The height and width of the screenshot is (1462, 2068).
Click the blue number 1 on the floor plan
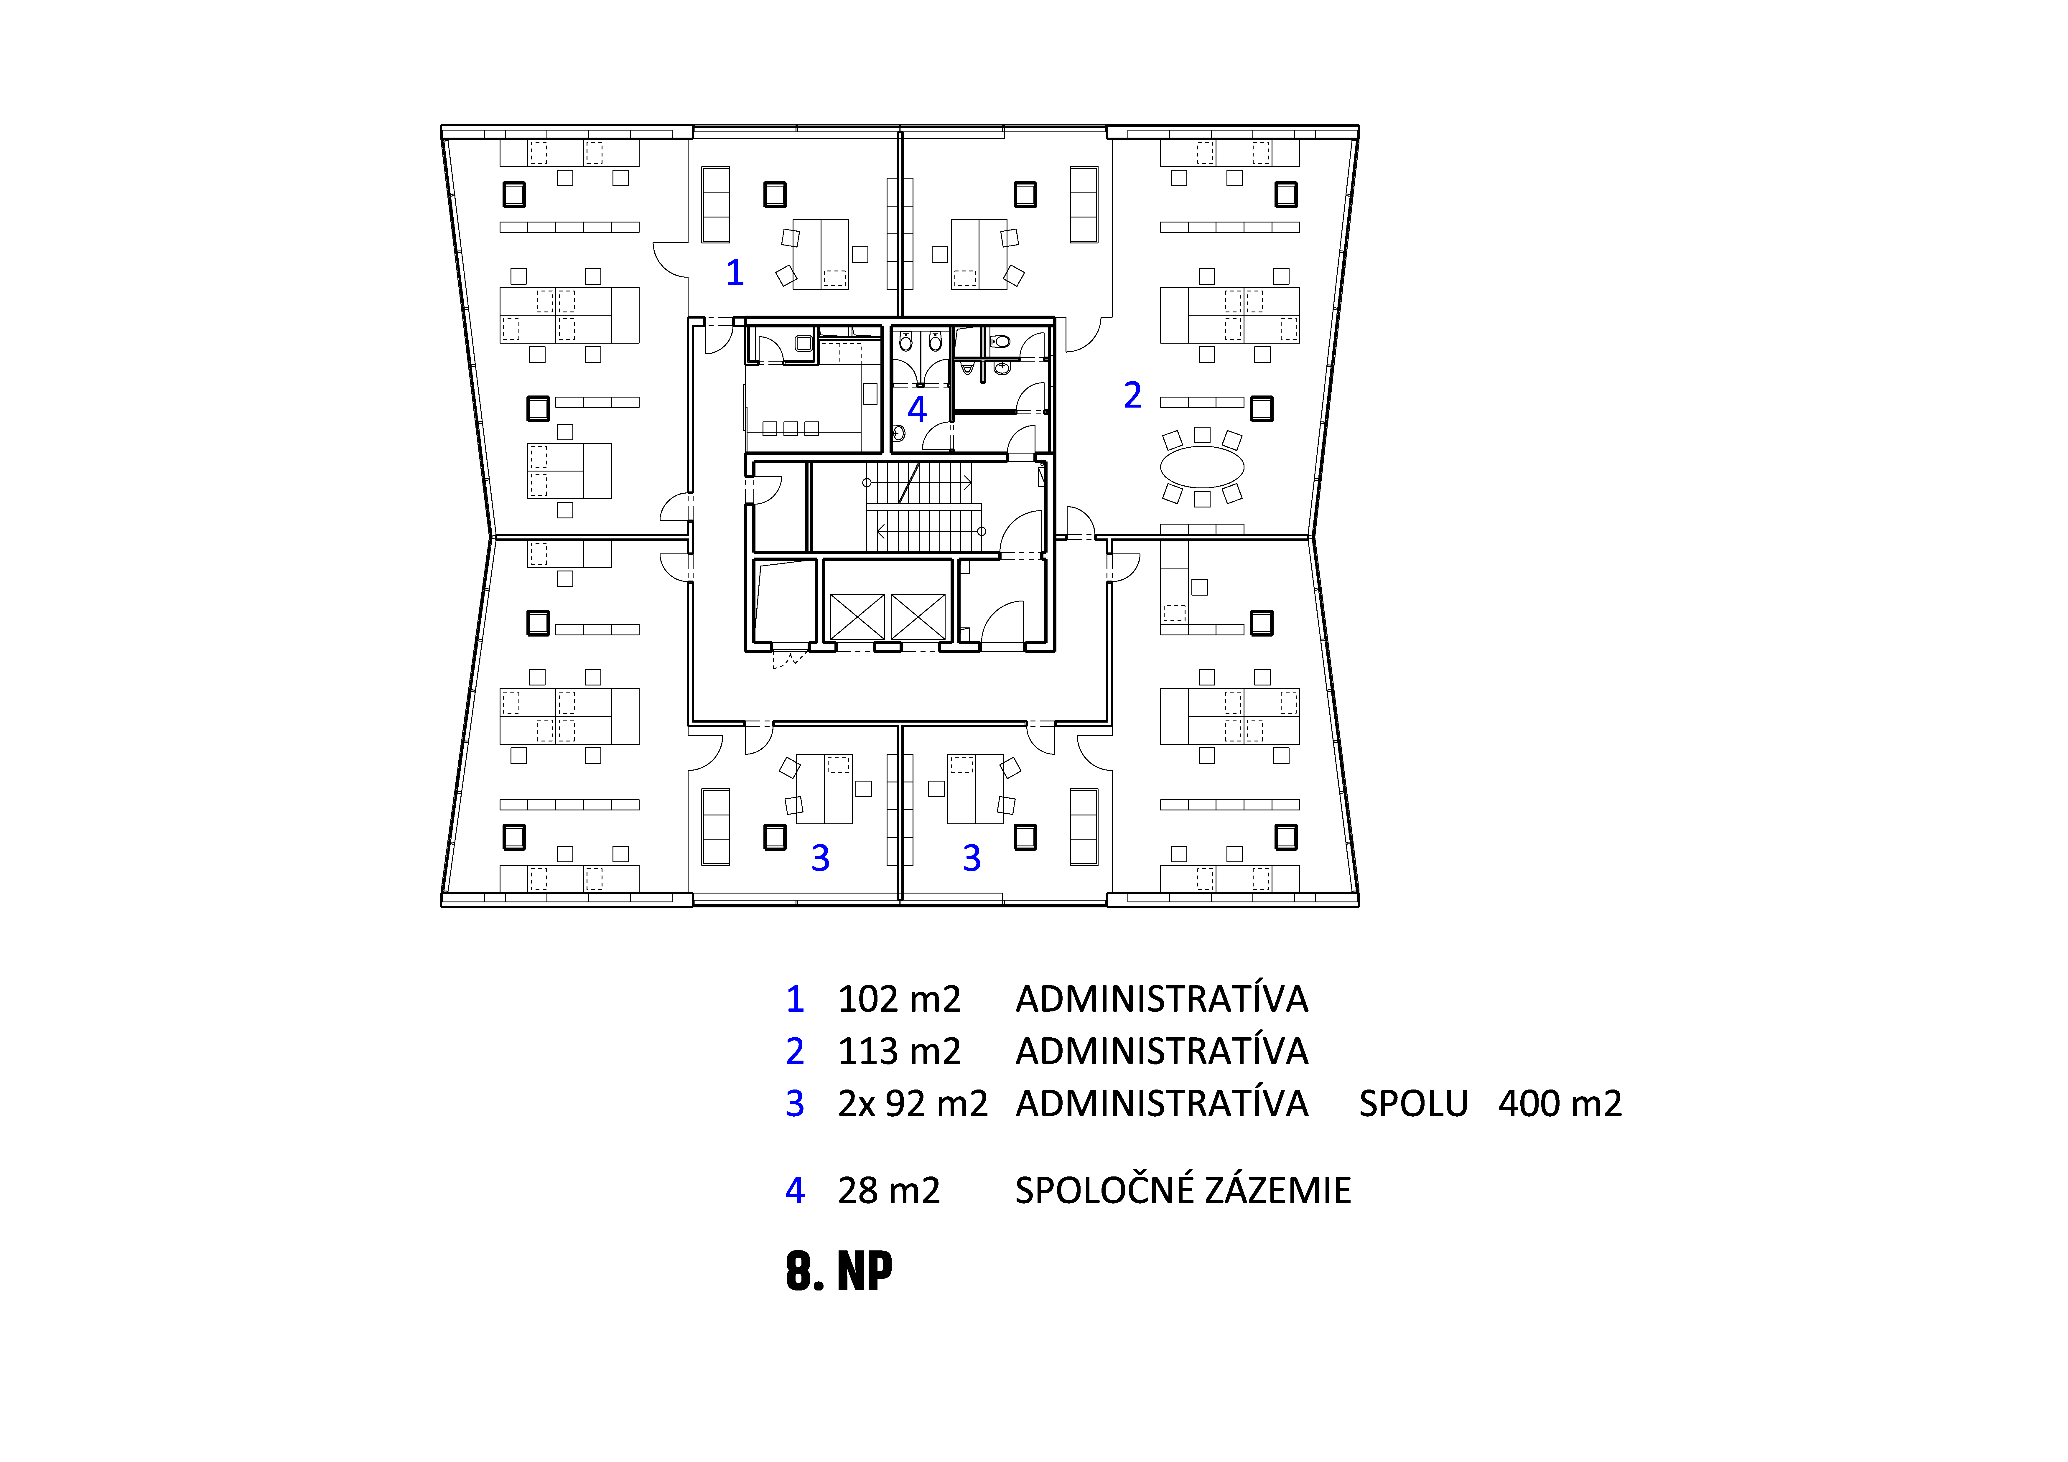pyautogui.click(x=735, y=272)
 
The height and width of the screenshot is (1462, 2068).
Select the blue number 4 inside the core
pyautogui.click(x=917, y=410)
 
